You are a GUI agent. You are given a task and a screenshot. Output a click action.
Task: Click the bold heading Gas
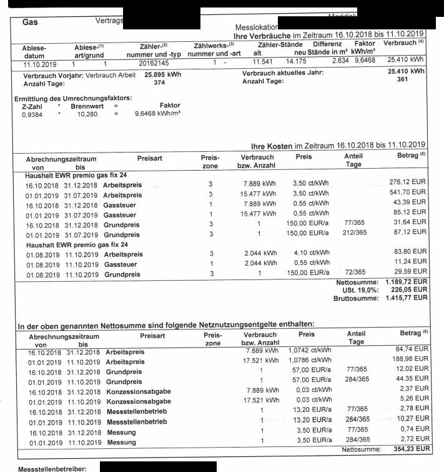point(30,21)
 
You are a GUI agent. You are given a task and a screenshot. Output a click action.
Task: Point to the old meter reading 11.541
point(263,63)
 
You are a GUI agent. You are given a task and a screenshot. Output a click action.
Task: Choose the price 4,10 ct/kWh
point(310,253)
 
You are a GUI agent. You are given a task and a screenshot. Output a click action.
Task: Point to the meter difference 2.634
point(340,61)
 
